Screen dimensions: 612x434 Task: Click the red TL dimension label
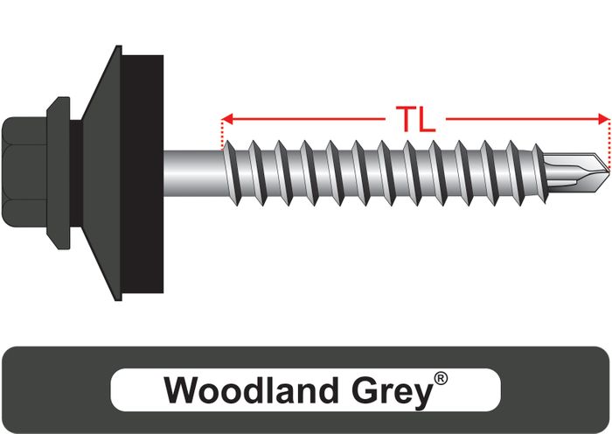point(415,119)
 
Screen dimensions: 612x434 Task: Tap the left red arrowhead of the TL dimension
point(226,119)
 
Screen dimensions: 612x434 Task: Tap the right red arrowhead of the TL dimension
point(604,119)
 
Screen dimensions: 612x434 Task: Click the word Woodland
point(251,390)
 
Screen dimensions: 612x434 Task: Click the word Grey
point(393,393)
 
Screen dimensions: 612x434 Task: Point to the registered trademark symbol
point(441,379)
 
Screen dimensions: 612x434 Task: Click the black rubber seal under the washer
point(143,174)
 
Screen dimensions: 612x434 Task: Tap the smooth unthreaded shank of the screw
point(193,173)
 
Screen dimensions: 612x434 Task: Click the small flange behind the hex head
point(59,173)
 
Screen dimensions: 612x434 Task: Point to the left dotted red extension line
point(222,136)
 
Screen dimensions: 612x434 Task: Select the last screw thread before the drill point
point(540,173)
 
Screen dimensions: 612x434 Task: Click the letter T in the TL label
point(406,119)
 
